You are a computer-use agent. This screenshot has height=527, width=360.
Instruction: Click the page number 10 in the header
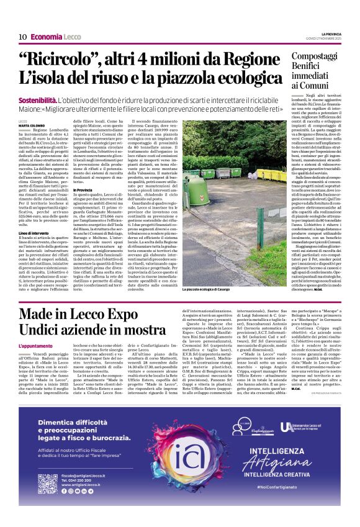click(22, 37)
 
